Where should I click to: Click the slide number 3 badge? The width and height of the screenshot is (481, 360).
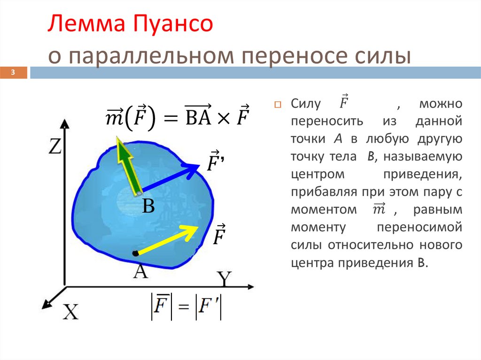[x=14, y=73]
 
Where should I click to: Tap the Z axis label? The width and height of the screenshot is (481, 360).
[x=55, y=148]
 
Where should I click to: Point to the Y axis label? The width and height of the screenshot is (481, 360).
[x=225, y=280]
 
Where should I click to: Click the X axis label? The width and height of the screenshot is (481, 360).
[x=70, y=312]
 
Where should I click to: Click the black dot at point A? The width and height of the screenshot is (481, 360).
[x=136, y=253]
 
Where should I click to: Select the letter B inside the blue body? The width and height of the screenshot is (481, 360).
[x=148, y=206]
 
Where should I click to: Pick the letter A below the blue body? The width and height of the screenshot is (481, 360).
[x=140, y=271]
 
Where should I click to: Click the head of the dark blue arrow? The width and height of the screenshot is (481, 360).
[x=197, y=166]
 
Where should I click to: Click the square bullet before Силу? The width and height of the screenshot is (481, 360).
[x=277, y=104]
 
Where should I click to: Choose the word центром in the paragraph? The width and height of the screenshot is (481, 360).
[x=313, y=174]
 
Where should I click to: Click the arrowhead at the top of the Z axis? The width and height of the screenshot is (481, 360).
[x=65, y=124]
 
